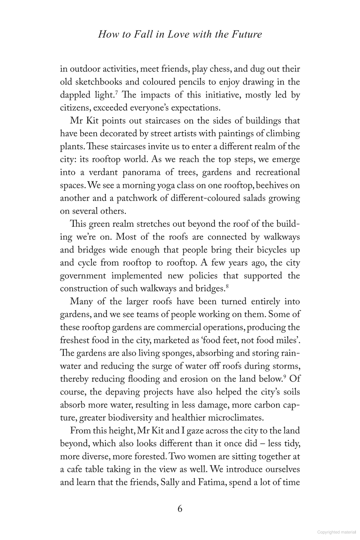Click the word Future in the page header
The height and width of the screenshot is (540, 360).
247,34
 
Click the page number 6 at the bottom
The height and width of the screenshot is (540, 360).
180,509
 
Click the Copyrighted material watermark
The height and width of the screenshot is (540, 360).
336,532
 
